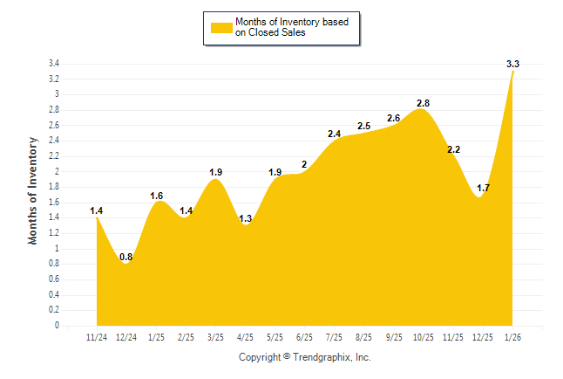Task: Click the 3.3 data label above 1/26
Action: [x=512, y=64]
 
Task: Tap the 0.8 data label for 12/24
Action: [x=126, y=257]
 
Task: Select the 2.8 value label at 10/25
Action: [x=423, y=103]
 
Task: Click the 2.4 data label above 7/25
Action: [x=334, y=134]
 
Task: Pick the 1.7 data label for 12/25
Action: [x=483, y=188]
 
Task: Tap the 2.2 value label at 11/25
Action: [x=453, y=149]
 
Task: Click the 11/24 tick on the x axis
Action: [x=97, y=336]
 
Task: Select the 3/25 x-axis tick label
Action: [x=215, y=336]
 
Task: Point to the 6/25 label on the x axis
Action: [x=304, y=336]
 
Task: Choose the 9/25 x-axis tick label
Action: [x=393, y=336]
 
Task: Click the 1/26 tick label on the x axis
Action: [x=512, y=336]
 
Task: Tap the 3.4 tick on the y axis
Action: [x=54, y=64]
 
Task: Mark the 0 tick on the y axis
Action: [x=57, y=326]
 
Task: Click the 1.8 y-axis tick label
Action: [x=54, y=187]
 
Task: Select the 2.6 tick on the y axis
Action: [x=54, y=126]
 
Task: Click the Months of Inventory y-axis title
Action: [x=33, y=189]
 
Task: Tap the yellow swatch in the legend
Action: [x=221, y=27]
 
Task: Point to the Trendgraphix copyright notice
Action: [x=305, y=357]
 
